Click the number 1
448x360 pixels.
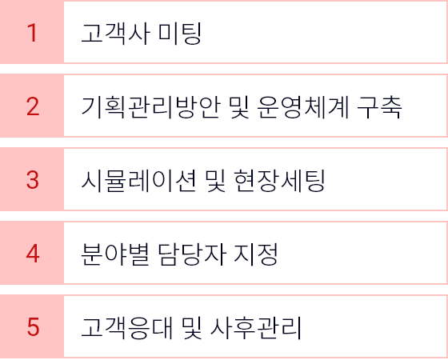(32, 33)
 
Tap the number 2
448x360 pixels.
(33, 106)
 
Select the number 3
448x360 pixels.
(33, 180)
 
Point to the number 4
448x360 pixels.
(33, 254)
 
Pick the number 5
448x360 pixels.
(33, 327)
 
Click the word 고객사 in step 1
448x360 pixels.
(116, 34)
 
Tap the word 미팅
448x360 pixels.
(180, 34)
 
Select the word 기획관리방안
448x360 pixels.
(151, 107)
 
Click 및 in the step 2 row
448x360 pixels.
(239, 107)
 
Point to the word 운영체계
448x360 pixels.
(302, 107)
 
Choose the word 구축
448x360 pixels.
(379, 107)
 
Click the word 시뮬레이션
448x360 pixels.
(139, 181)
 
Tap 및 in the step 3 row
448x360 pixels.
(215, 181)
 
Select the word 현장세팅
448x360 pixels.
(279, 181)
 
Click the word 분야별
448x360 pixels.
(115, 254)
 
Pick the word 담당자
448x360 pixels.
(192, 254)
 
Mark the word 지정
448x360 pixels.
(256, 254)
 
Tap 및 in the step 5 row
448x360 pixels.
(191, 328)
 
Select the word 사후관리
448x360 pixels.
(255, 328)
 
